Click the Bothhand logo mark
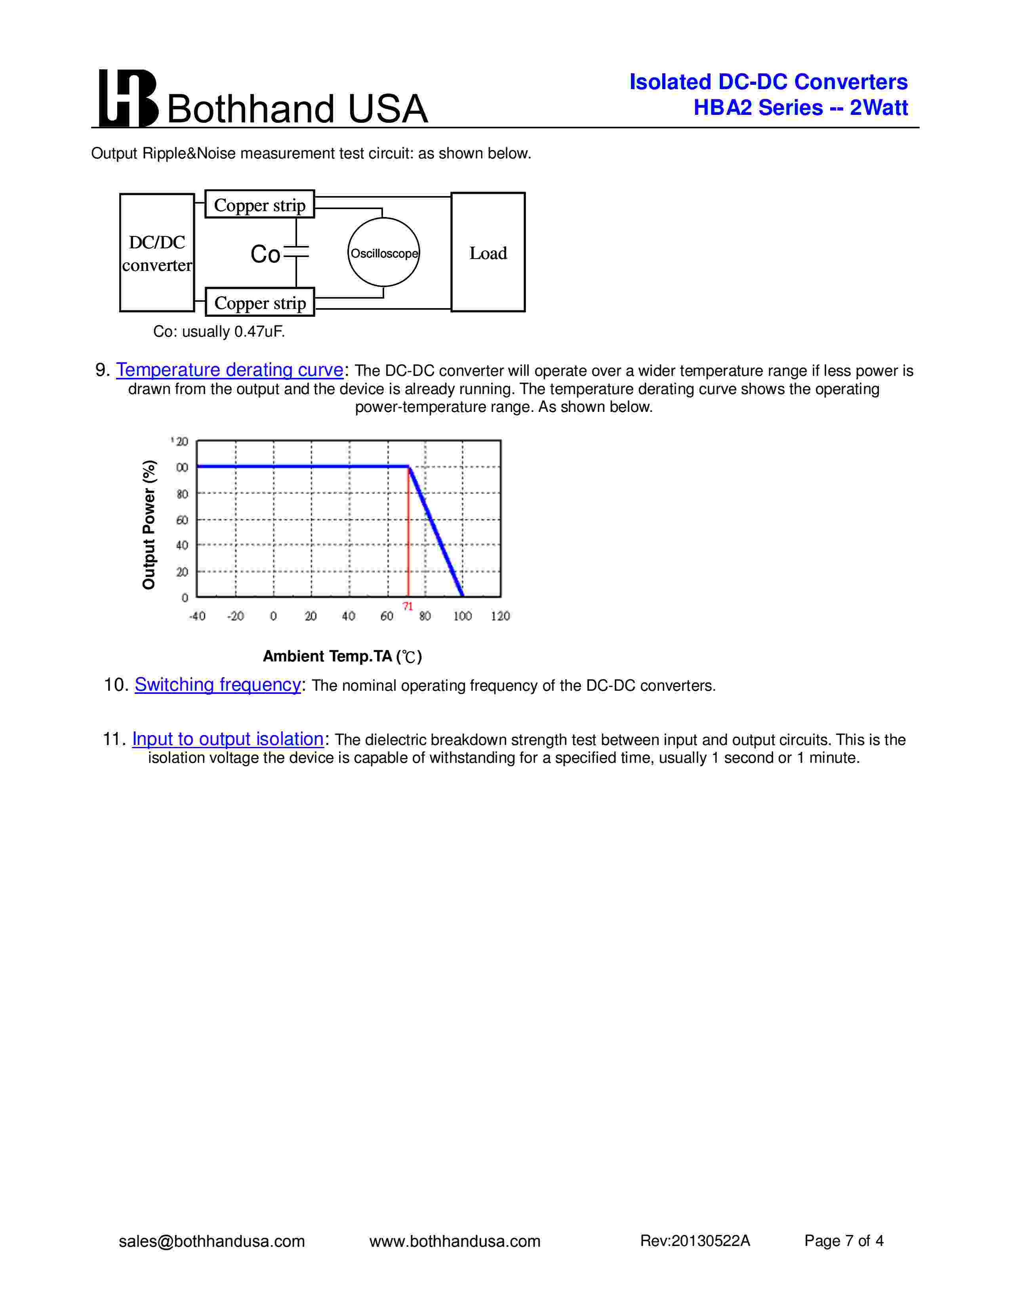coord(128,98)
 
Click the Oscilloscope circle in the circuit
coord(383,253)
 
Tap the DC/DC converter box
coord(157,253)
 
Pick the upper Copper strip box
coord(260,205)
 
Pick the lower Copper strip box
coord(260,303)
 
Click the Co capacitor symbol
coord(296,253)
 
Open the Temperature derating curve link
coord(230,370)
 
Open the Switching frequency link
coord(218,685)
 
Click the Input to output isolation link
coord(228,739)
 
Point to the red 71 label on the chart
coord(408,606)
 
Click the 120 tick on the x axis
coord(500,616)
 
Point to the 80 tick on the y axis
coord(182,494)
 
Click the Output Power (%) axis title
coord(149,524)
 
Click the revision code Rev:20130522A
coord(695,1240)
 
